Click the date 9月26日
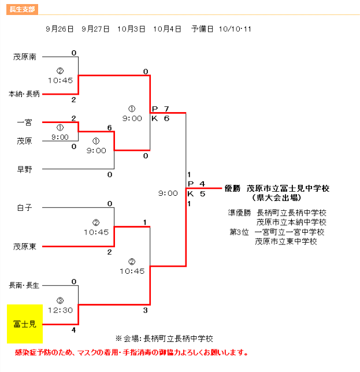[x=59, y=29]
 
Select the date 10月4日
[x=168, y=29]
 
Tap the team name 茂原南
[x=25, y=57]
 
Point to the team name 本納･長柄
[x=24, y=94]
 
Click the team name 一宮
[x=24, y=122]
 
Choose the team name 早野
[x=24, y=169]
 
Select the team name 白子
[x=24, y=207]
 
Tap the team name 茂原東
[x=25, y=247]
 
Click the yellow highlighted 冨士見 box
[x=25, y=323]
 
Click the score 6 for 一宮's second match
[x=109, y=128]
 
